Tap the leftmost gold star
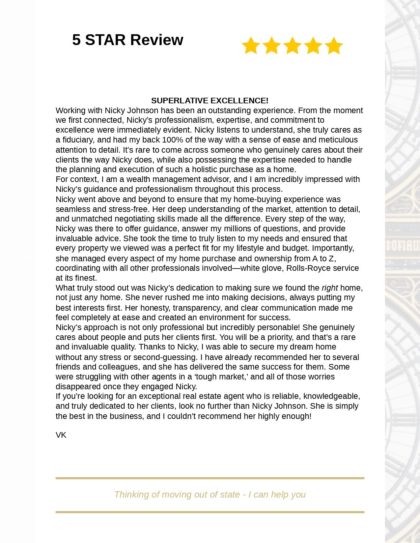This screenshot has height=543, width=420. [251, 45]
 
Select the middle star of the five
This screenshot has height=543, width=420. [293, 45]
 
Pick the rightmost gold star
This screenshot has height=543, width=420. [334, 45]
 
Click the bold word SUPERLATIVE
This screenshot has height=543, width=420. [180, 100]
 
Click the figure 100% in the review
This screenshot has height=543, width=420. [172, 140]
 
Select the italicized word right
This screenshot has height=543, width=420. [330, 288]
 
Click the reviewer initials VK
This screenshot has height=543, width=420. [61, 435]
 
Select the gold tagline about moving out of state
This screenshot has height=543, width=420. [210, 495]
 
